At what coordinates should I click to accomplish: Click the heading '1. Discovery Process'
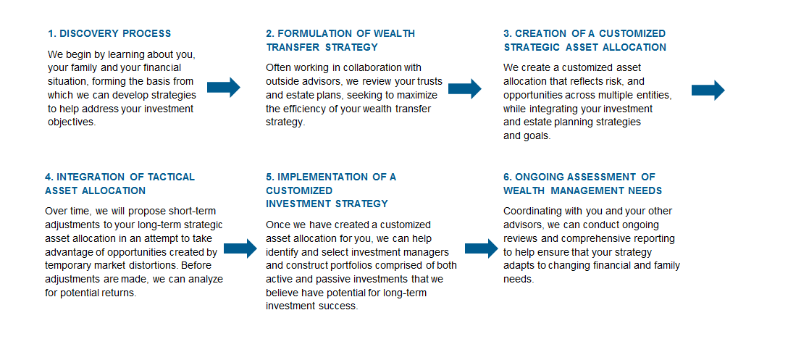[x=109, y=33]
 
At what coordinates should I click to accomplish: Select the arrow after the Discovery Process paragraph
[x=224, y=87]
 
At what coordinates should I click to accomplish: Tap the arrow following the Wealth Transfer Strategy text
[x=465, y=88]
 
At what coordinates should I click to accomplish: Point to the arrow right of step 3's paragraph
[x=708, y=91]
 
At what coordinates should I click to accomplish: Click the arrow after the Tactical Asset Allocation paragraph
[x=240, y=248]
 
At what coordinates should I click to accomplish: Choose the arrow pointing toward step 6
[x=482, y=248]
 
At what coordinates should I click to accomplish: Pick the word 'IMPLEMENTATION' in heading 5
[x=322, y=177]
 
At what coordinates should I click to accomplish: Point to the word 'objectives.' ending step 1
[x=72, y=123]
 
